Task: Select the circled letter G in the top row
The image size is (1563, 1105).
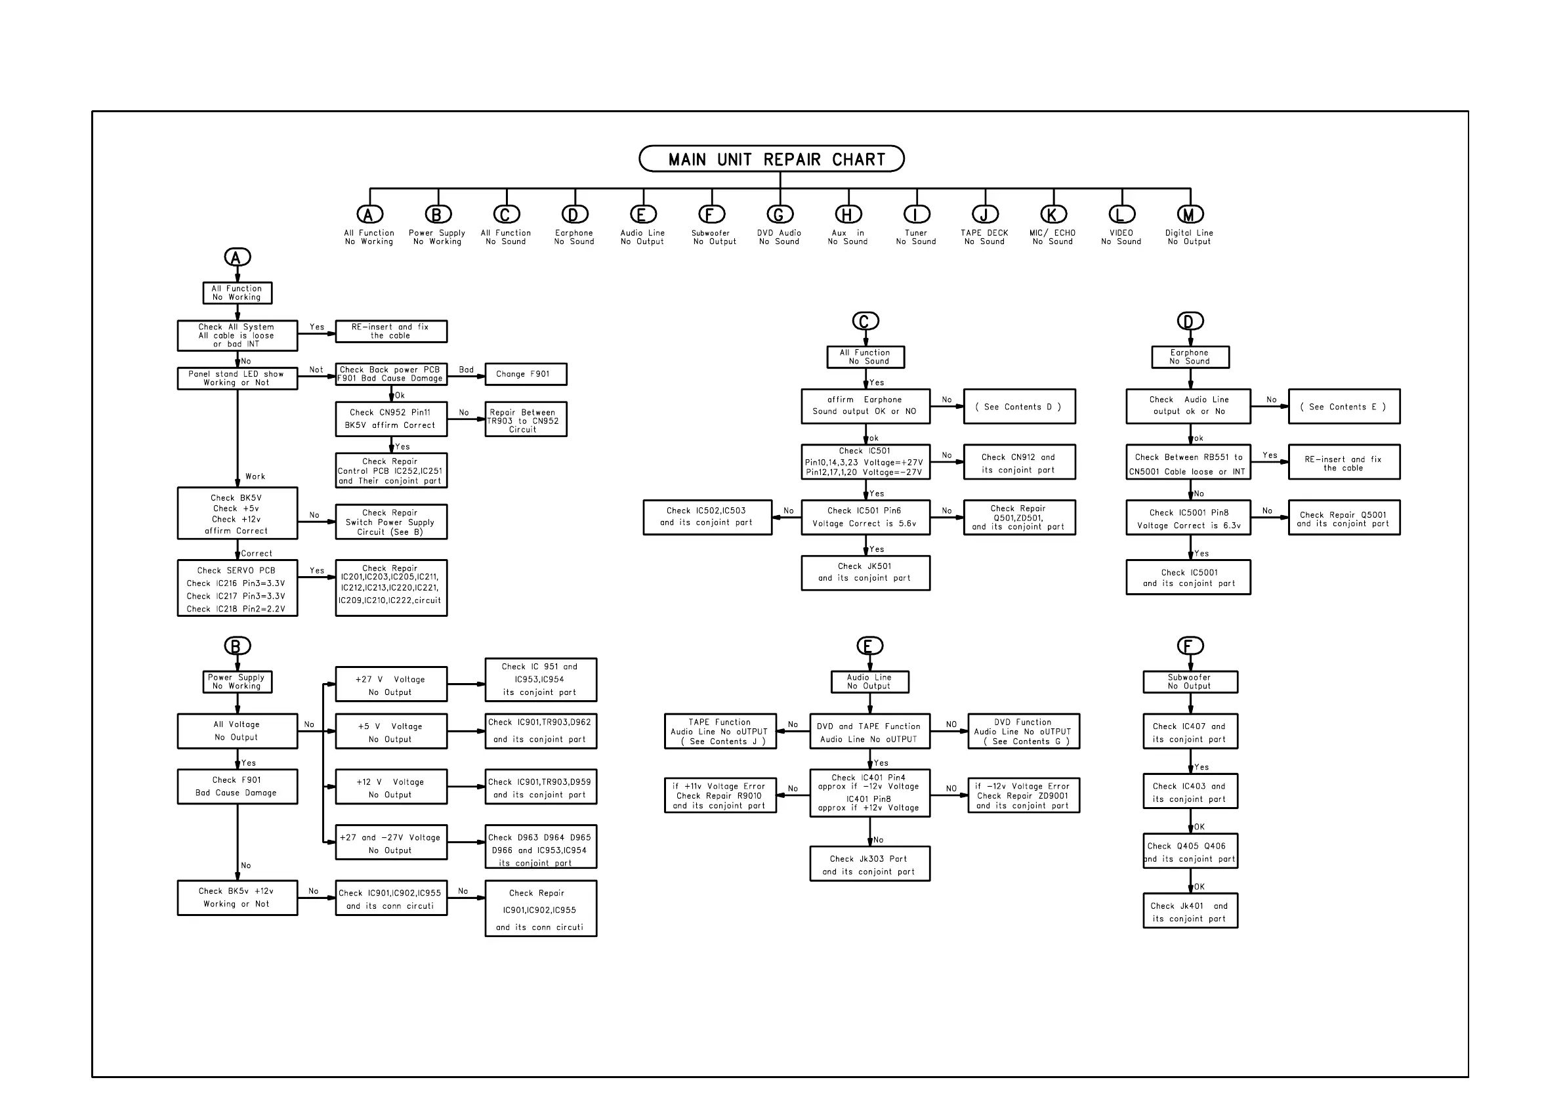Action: coord(780,215)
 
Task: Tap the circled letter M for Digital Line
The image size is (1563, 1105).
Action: coord(1189,215)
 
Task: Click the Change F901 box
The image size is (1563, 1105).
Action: coord(525,374)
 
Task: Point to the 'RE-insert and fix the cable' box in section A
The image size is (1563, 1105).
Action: coord(391,331)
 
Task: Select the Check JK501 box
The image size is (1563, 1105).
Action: coord(865,573)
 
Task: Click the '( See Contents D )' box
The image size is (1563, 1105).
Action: coord(1018,406)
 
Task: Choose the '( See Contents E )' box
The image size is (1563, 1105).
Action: coord(1343,406)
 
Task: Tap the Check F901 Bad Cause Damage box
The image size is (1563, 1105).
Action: coord(237,786)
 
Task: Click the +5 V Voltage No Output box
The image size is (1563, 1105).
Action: coord(391,732)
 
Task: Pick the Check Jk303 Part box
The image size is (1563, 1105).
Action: coord(869,864)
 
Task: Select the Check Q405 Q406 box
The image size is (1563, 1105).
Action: coord(1189,852)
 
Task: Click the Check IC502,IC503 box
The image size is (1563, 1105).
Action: coord(707,517)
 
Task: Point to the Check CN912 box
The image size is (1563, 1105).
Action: coord(1018,463)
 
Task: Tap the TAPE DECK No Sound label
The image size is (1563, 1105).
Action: coord(984,237)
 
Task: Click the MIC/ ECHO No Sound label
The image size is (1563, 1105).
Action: coord(1052,237)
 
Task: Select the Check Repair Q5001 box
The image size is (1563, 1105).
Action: coord(1343,518)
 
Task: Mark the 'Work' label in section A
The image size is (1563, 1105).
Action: coord(255,476)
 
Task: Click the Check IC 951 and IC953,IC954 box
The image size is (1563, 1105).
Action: coord(540,680)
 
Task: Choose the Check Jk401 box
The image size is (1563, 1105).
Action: coord(1189,911)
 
